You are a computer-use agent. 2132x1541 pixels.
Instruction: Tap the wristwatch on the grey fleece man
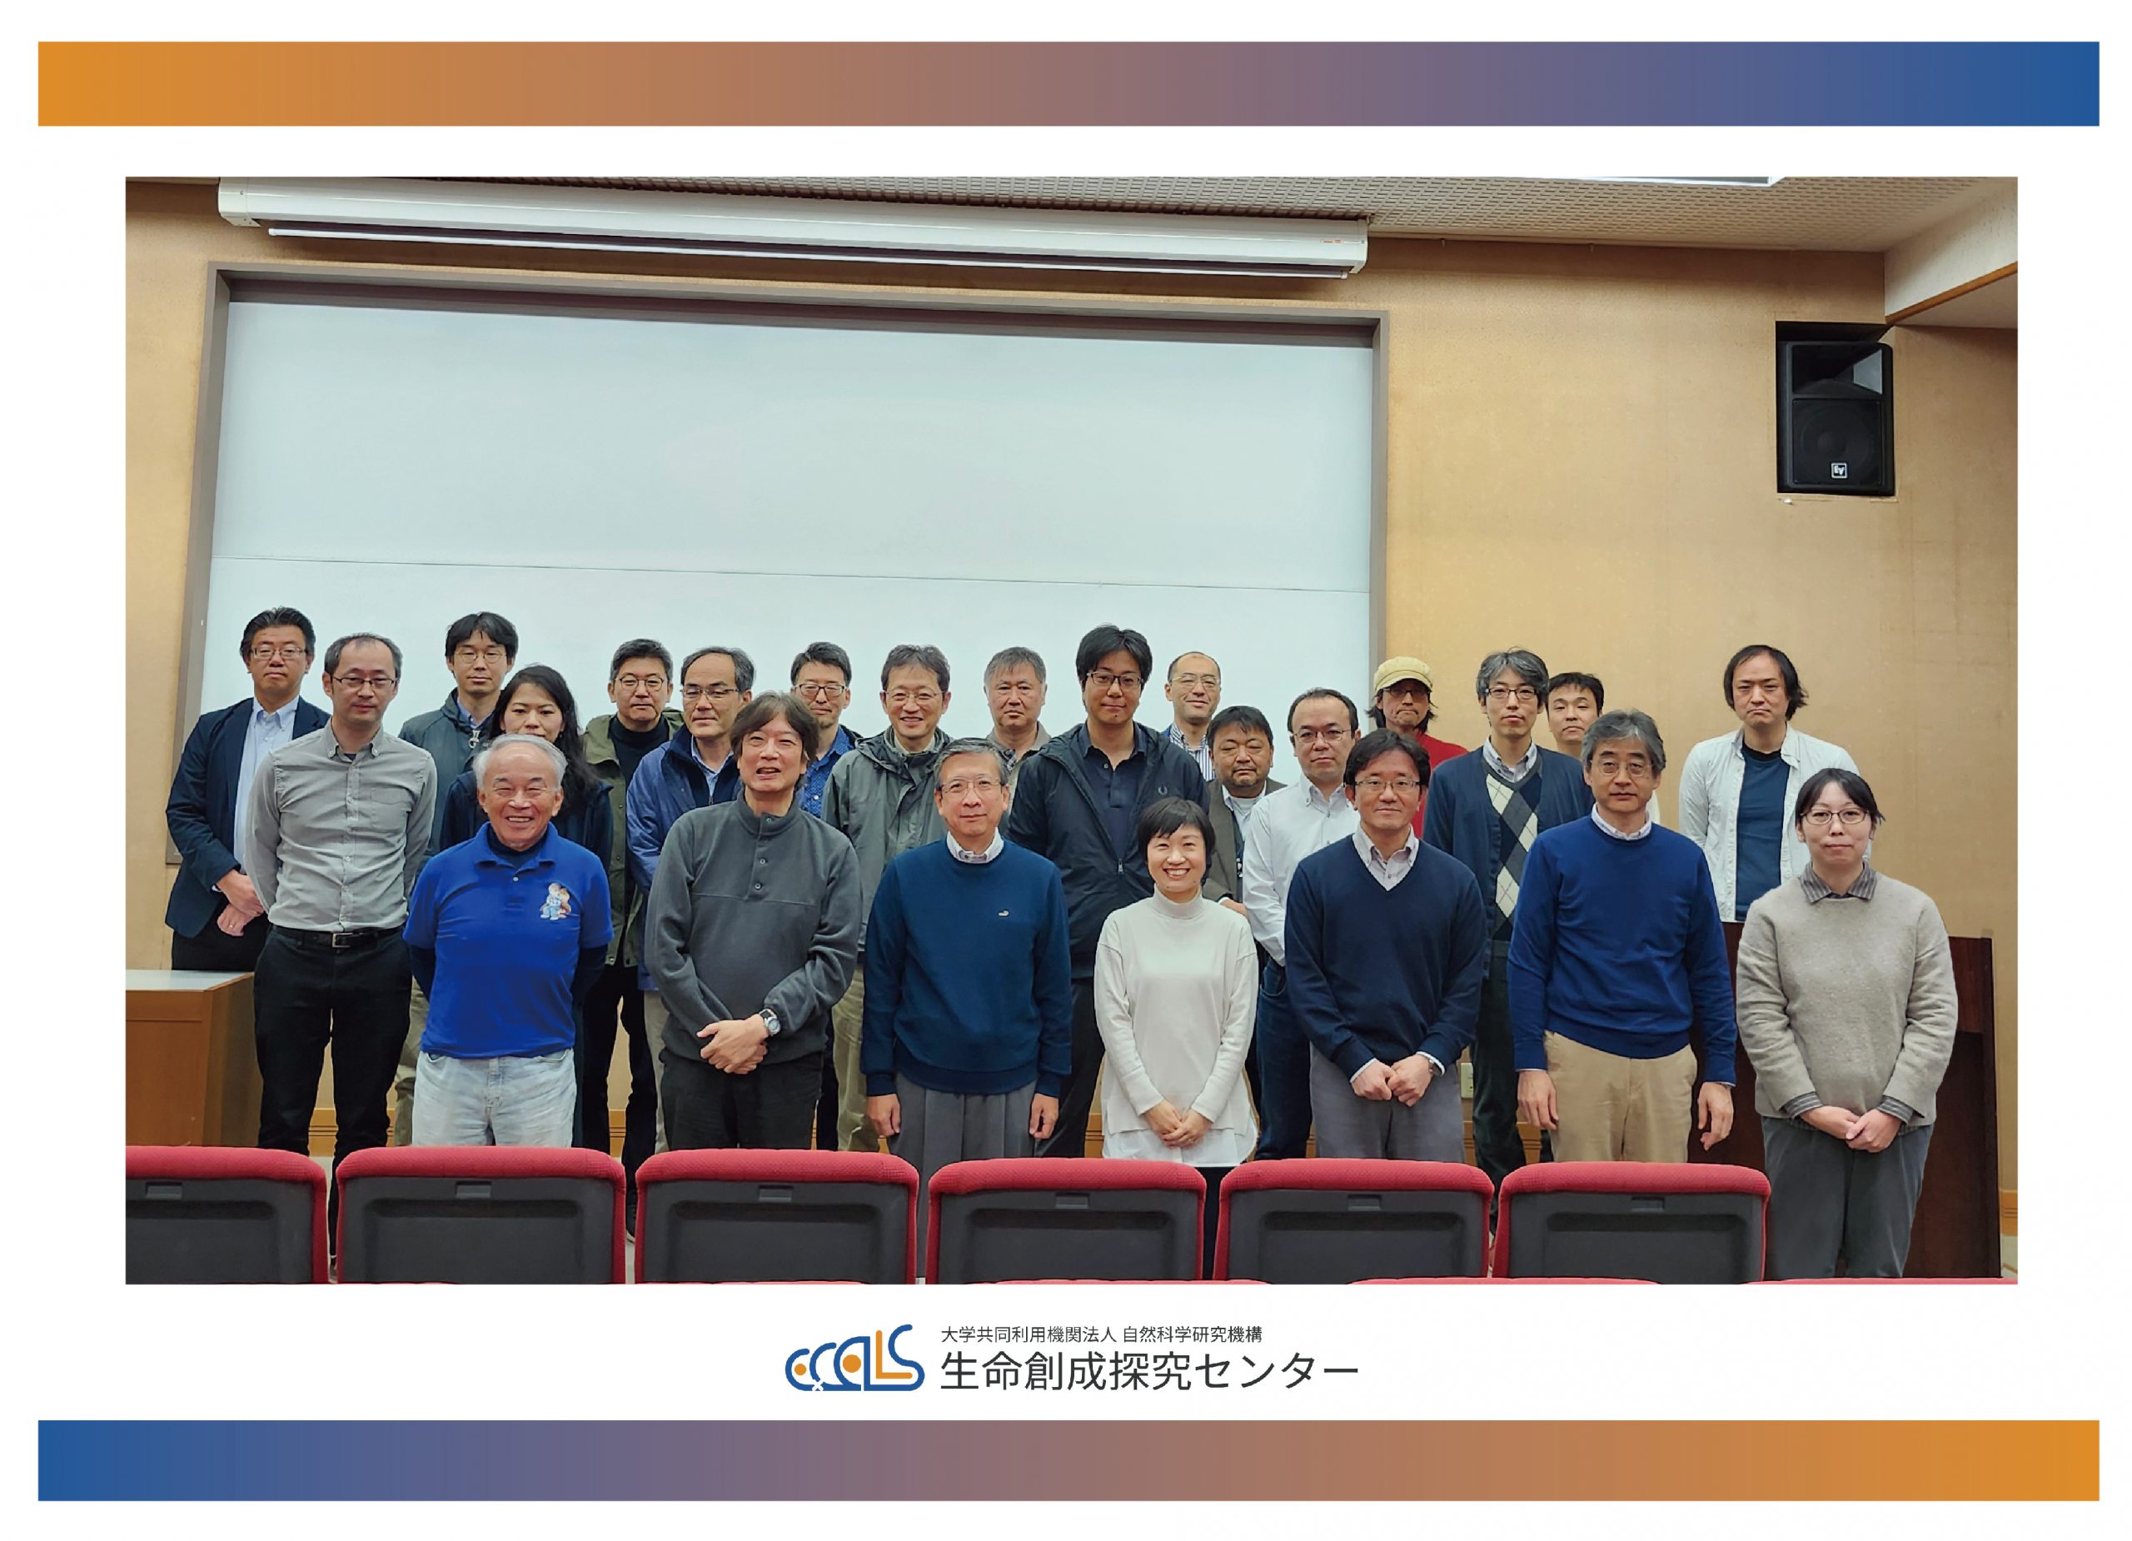pyautogui.click(x=768, y=1021)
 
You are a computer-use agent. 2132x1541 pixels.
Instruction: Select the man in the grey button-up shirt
pyautogui.click(x=342, y=903)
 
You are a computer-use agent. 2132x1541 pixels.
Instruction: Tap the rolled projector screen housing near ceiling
pyautogui.click(x=793, y=226)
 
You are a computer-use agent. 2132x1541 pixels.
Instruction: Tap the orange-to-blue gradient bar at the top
pyautogui.click(x=1068, y=83)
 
